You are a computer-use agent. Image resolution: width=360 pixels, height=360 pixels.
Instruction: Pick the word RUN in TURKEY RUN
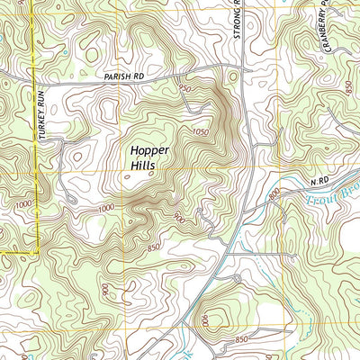41,101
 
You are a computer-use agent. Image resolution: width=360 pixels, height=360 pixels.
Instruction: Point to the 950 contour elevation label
185,89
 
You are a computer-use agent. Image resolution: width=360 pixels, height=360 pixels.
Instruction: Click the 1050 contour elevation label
202,132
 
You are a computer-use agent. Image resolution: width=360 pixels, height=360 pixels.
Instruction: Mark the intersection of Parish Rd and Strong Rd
243,67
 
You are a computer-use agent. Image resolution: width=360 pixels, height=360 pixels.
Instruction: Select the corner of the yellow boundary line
36,255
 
